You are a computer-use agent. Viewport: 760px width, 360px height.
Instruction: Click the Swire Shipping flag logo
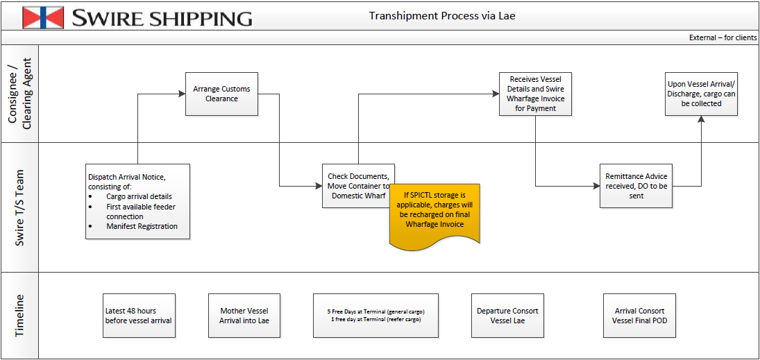pyautogui.click(x=43, y=17)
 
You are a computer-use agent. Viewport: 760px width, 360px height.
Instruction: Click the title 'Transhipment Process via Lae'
pyautogui.click(x=442, y=16)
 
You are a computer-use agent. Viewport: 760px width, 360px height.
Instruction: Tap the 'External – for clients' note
pyautogui.click(x=723, y=37)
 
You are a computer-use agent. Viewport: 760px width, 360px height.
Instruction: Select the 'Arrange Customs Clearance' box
pyautogui.click(x=221, y=94)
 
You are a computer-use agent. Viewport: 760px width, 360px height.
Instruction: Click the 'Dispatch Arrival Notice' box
pyautogui.click(x=137, y=201)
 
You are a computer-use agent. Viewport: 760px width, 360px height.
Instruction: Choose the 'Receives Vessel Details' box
pyautogui.click(x=535, y=94)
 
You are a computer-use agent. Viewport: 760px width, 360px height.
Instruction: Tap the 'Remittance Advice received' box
pyautogui.click(x=636, y=186)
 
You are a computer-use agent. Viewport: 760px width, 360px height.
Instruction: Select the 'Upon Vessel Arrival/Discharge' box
pyautogui.click(x=701, y=94)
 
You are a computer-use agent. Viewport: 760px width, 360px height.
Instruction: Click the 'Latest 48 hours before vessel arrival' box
pyautogui.click(x=139, y=316)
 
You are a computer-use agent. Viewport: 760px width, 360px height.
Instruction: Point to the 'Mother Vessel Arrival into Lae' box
pyautogui.click(x=244, y=316)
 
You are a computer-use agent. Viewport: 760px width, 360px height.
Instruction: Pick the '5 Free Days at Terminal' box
pyautogui.click(x=375, y=316)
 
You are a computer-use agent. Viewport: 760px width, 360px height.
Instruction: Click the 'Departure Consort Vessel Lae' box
pyautogui.click(x=507, y=316)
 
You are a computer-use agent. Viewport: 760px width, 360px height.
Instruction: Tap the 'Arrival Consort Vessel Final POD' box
pyautogui.click(x=639, y=316)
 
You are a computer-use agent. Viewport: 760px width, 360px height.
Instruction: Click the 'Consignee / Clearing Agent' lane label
pyautogui.click(x=19, y=94)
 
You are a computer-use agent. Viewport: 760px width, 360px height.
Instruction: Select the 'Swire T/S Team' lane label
pyautogui.click(x=19, y=207)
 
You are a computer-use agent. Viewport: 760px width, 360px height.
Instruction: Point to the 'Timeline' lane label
pyautogui.click(x=19, y=316)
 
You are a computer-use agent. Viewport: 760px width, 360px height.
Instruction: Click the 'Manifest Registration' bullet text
pyautogui.click(x=142, y=226)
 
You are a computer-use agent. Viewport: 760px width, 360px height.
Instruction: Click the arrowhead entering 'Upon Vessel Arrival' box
pyautogui.click(x=701, y=119)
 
